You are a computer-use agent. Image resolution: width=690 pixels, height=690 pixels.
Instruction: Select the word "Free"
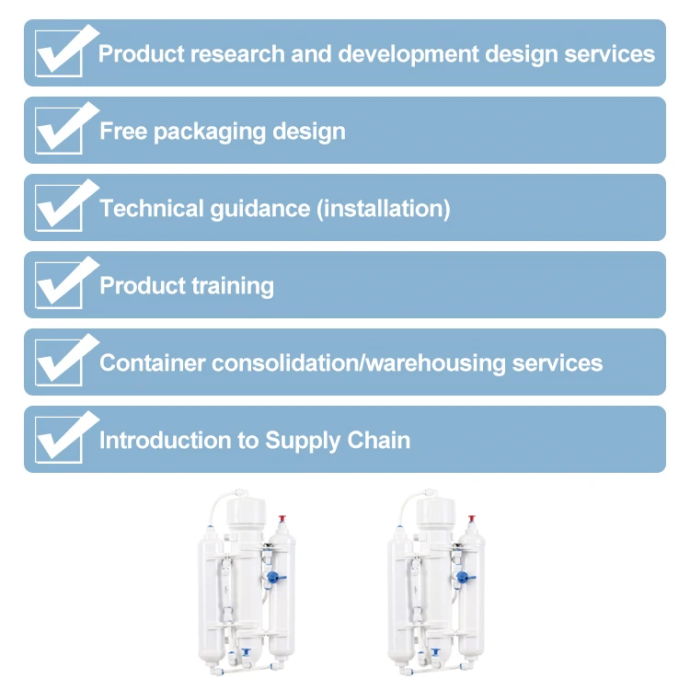pyautogui.click(x=123, y=131)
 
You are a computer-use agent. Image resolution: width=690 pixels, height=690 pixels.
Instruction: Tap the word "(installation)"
pyautogui.click(x=384, y=209)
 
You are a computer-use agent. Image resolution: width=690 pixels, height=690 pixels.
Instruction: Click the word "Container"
pyautogui.click(x=152, y=362)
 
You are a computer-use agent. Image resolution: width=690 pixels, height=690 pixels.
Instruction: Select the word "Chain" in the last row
pyautogui.click(x=378, y=440)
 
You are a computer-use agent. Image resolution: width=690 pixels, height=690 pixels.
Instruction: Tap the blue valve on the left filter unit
pyautogui.click(x=275, y=578)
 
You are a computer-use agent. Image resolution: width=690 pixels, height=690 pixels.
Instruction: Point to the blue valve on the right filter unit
pyautogui.click(x=464, y=578)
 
